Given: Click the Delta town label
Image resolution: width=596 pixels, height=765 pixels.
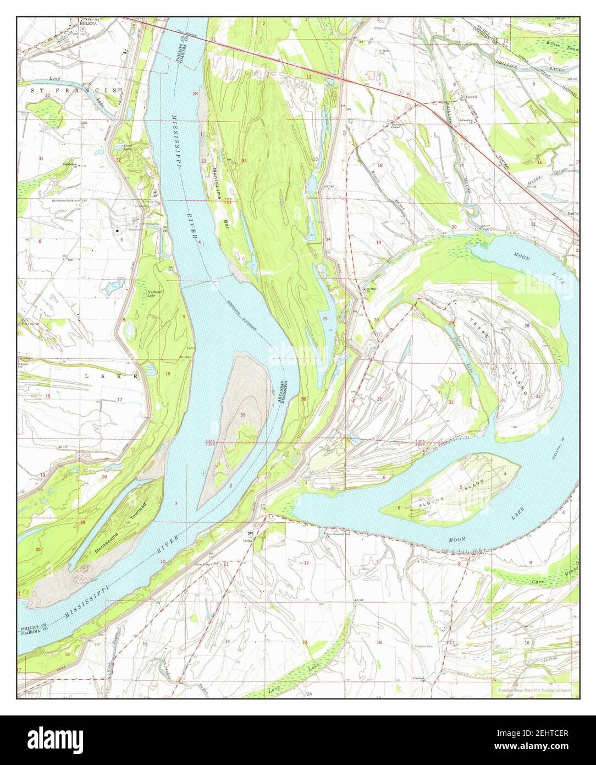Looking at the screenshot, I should coord(248,540).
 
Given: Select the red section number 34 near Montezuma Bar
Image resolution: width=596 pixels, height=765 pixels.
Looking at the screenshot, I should coord(244,161).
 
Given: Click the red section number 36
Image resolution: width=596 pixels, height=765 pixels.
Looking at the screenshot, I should coord(304,399).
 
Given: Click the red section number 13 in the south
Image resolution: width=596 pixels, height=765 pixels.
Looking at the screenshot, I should coord(303,642).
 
